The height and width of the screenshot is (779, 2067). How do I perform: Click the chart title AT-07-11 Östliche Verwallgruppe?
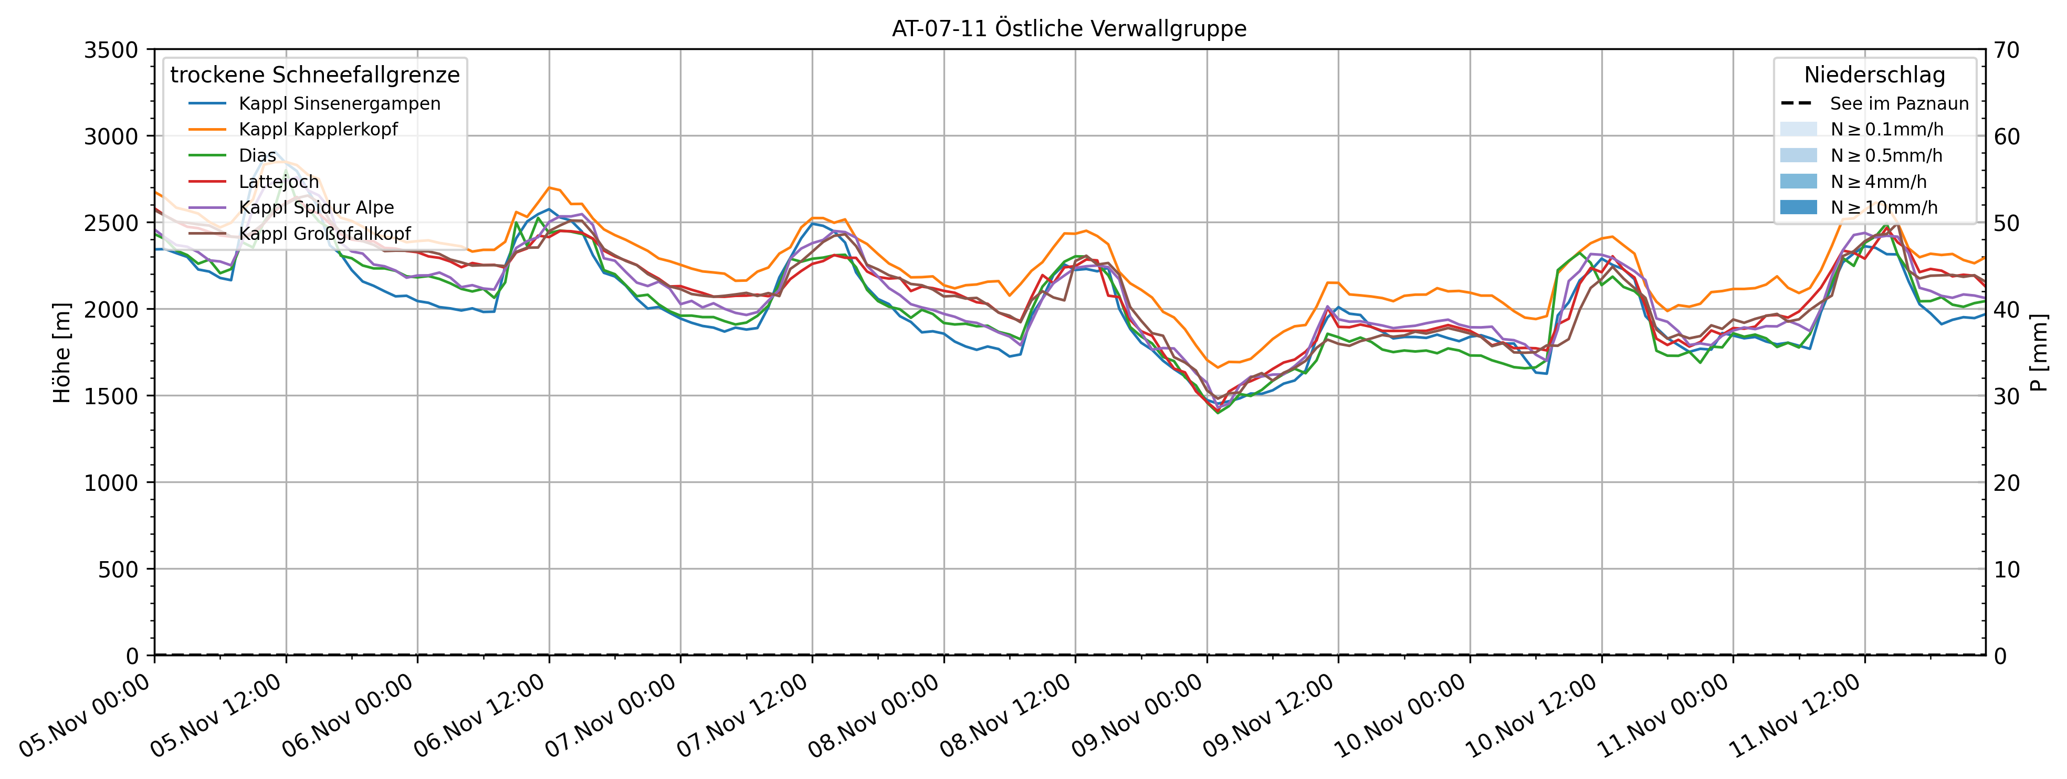pyautogui.click(x=1069, y=29)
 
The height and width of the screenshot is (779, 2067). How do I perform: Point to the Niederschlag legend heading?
pyautogui.click(x=1874, y=76)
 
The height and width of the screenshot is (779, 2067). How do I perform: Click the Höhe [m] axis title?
pyautogui.click(x=62, y=353)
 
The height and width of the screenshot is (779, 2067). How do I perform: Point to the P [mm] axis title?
pyautogui.click(x=2039, y=353)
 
